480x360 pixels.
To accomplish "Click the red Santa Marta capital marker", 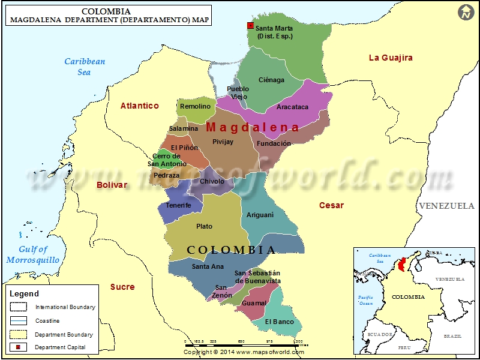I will [250, 26].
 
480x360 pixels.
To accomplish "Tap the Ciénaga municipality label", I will [271, 80].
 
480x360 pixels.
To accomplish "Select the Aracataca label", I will [292, 107].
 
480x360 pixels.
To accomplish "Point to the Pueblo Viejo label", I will [238, 93].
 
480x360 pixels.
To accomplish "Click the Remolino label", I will [195, 106].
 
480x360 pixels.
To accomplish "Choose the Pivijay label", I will [223, 142].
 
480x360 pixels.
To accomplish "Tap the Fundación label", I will [274, 143].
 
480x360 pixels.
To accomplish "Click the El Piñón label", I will [184, 148].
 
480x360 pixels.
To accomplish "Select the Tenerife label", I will [178, 205].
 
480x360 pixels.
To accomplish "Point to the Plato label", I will [204, 226].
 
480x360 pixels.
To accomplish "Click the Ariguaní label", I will [260, 215].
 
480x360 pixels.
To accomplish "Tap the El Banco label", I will [280, 322].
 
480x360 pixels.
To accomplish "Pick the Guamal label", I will [254, 304].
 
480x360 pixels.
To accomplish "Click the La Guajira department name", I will [391, 58].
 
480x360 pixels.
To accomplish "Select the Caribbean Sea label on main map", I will [85, 67].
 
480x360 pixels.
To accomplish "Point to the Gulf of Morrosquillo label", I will [33, 255].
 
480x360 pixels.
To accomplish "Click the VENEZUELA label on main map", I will [446, 206].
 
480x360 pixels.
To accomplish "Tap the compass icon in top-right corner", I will [465, 12].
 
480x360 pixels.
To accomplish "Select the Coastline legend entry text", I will [47, 321].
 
